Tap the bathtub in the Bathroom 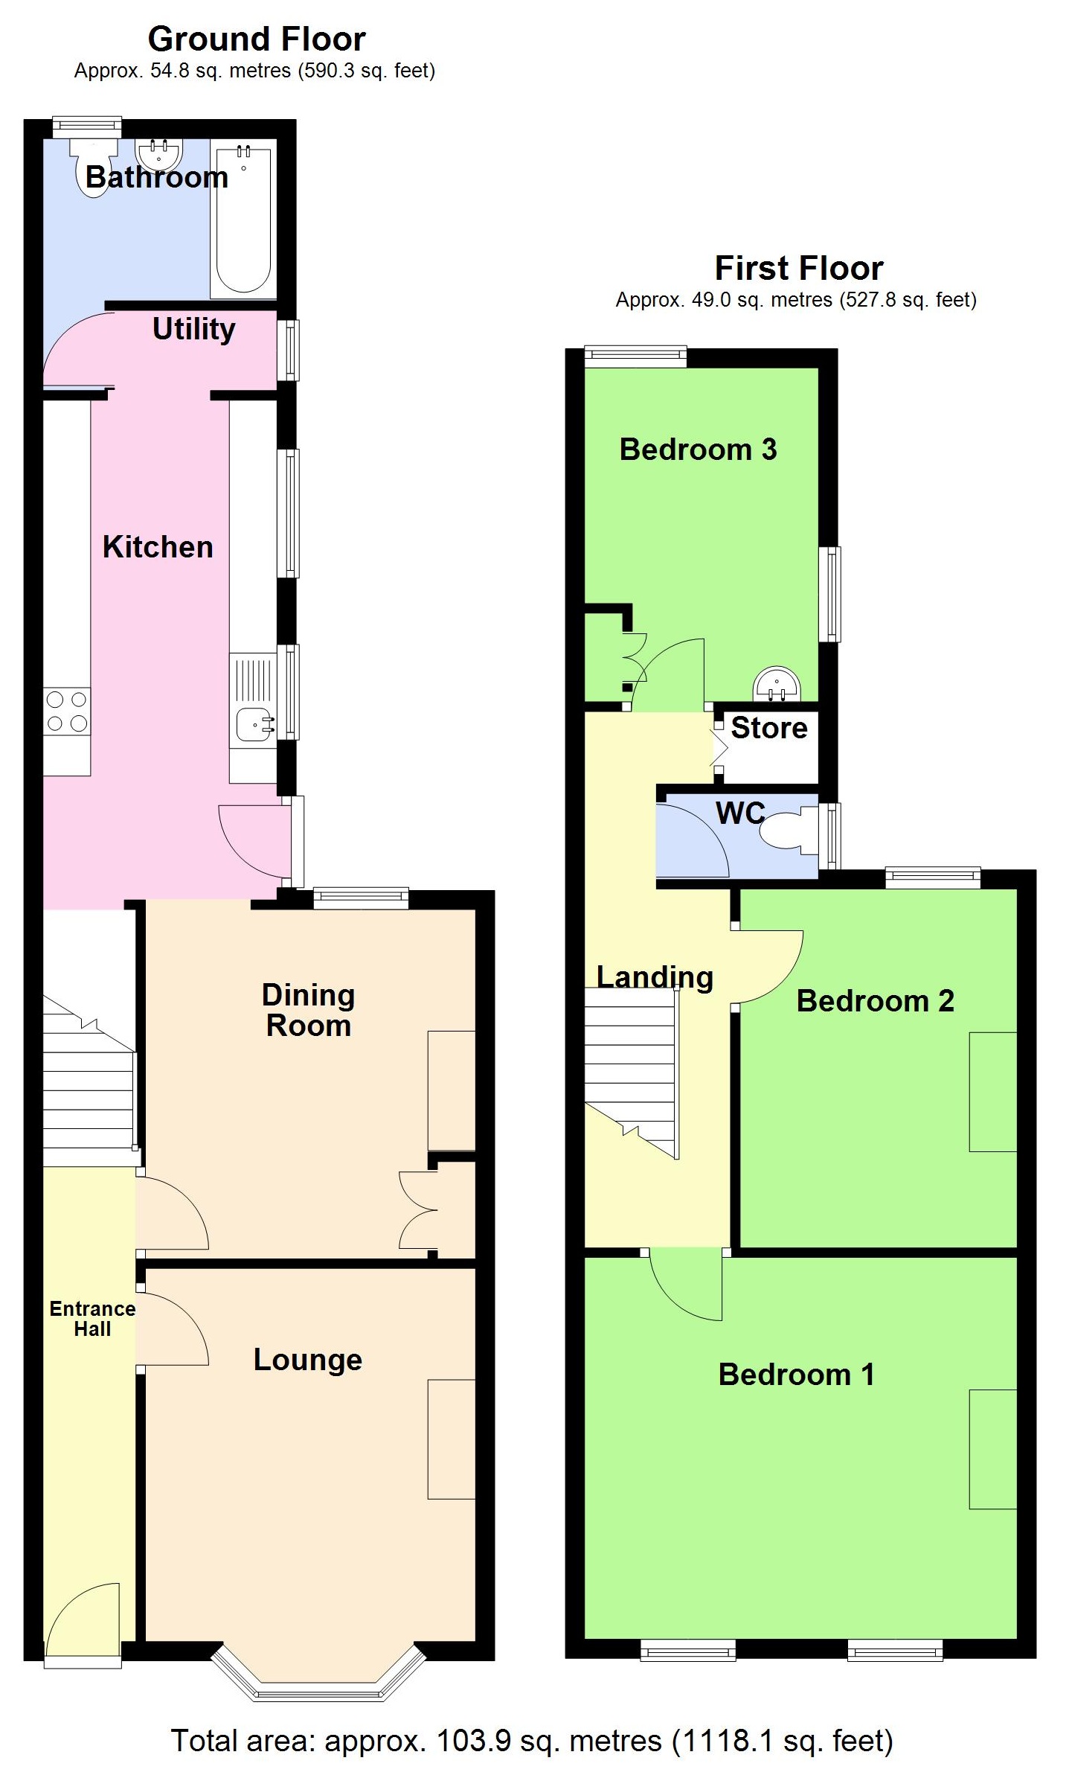point(243,220)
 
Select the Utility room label point(193,329)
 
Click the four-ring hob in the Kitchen point(67,711)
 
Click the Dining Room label point(308,1010)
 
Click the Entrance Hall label point(92,1319)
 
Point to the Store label point(768,728)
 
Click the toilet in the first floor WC point(785,831)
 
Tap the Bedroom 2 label point(875,1001)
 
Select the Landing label point(655,977)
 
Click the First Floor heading point(798,268)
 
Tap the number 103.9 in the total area point(473,1741)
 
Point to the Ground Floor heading point(257,39)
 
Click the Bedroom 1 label point(796,1375)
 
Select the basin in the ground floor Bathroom point(159,153)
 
